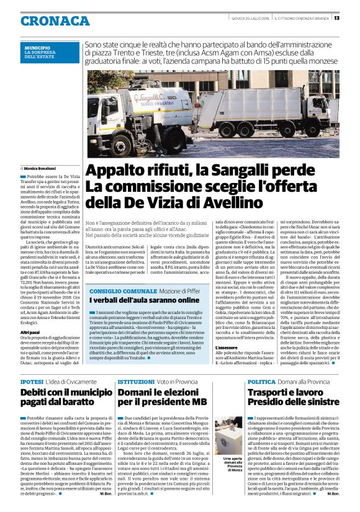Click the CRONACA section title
click(x=55, y=20)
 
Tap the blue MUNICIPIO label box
click(x=50, y=52)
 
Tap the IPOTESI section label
click(x=31, y=382)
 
